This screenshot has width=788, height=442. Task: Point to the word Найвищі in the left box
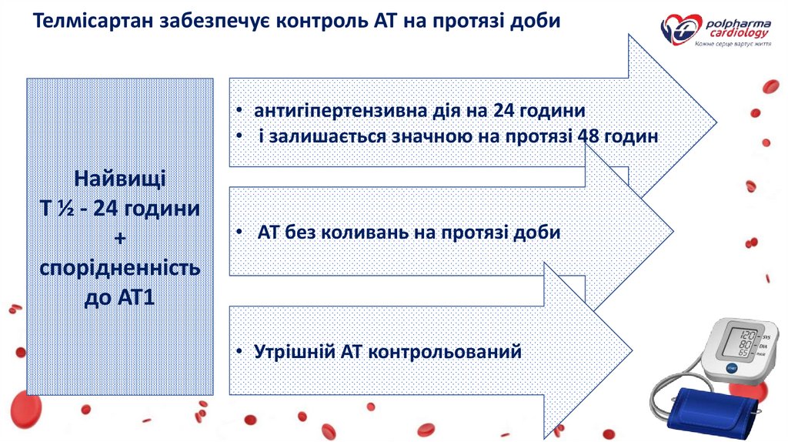(x=119, y=179)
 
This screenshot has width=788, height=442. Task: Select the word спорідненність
(x=119, y=268)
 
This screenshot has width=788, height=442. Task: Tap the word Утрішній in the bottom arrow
(x=291, y=352)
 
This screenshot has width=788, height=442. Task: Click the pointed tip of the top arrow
(x=715, y=122)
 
